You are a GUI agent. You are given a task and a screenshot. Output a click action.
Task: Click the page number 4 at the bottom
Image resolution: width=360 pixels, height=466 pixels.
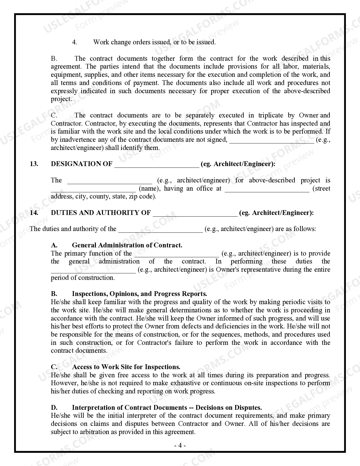180,446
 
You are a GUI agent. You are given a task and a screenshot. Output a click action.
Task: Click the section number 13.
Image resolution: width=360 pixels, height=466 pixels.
34,164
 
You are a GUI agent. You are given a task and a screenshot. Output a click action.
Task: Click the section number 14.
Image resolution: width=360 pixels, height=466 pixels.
34,213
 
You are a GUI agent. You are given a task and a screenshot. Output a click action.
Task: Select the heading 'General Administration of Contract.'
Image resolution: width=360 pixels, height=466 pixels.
127,245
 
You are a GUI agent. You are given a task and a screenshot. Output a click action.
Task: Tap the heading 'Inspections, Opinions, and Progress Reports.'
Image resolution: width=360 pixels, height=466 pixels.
139,294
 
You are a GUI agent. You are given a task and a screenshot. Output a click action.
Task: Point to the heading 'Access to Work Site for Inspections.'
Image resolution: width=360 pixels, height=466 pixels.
126,367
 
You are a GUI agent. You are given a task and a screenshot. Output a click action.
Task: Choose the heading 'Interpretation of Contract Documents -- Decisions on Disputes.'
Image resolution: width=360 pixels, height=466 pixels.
167,408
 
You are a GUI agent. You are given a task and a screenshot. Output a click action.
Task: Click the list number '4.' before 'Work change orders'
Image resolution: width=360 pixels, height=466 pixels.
75,42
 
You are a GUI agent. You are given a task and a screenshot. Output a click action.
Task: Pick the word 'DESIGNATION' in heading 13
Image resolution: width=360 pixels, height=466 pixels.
74,164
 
